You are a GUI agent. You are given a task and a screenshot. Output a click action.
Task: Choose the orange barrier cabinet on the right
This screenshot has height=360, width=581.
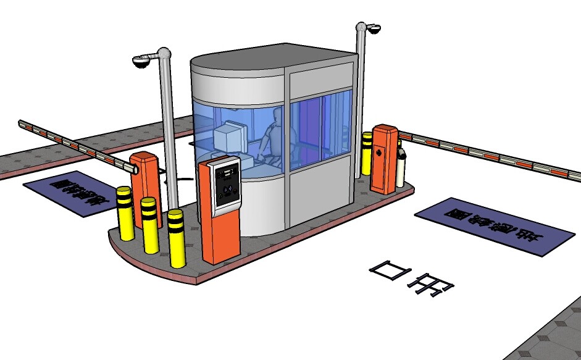pyautogui.click(x=384, y=159)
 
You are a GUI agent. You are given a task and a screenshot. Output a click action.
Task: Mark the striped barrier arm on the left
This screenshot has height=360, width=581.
pyautogui.click(x=74, y=144)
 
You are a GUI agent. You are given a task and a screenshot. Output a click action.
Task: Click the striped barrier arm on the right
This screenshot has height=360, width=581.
pyautogui.click(x=494, y=155)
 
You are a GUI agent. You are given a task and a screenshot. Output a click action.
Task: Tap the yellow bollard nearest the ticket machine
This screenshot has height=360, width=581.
pyautogui.click(x=177, y=237)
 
